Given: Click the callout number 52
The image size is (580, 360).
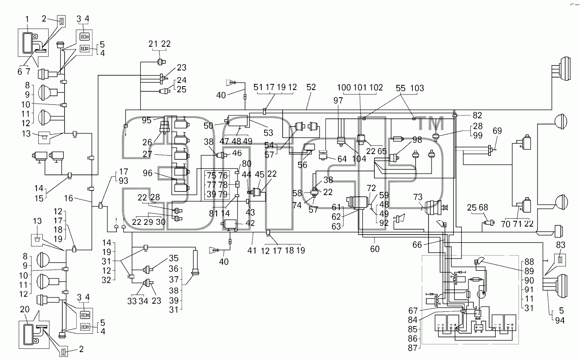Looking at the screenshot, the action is coord(311,87).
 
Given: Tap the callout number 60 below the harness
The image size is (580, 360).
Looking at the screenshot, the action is coord(374,249).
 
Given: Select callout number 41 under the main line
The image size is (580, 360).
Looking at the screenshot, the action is coord(252,250).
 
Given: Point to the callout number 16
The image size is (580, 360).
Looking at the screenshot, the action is coord(69,198).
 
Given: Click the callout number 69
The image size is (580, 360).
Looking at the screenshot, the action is coord(497,131).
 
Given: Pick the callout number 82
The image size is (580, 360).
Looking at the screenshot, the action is coord(477,115).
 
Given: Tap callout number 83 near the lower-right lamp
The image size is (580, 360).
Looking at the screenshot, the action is coord(560,244).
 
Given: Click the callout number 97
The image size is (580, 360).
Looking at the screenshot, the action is coord(338,100).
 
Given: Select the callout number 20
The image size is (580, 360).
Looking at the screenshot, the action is coord(25,309).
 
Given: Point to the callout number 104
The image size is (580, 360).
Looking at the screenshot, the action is coord(359,159).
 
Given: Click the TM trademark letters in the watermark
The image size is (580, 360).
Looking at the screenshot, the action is coord(431,124).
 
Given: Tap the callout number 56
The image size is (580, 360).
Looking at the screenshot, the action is coord(302,165).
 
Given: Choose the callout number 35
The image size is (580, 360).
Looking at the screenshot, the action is coord(174,258).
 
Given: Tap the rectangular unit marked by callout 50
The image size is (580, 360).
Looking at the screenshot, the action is coord(236,121).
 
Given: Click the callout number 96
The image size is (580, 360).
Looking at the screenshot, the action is coord(148,173).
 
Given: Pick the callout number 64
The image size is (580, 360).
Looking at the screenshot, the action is coord(342,159).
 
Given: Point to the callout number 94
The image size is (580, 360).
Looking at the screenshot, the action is coord(560,320).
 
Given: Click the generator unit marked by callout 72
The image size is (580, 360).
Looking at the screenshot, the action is coord(358,203).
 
